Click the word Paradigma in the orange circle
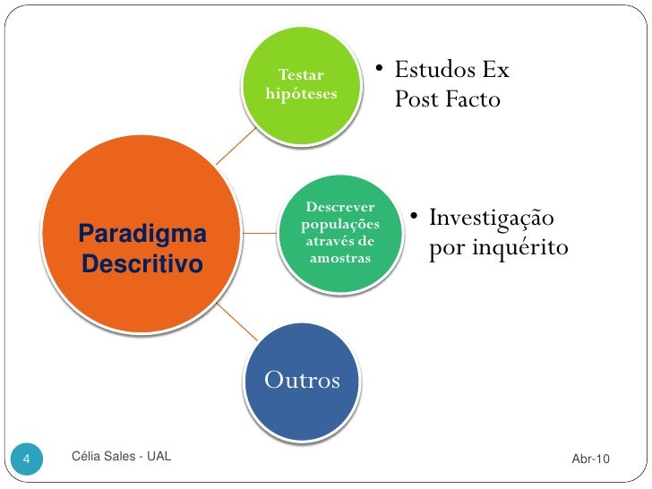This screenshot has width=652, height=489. tap(142, 235)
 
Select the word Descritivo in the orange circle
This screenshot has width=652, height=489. tap(142, 265)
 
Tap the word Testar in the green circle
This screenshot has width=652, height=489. tap(302, 74)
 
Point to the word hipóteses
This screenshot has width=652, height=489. tap(302, 93)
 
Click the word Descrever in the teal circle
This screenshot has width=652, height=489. tap(340, 208)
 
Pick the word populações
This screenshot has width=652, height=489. tap(340, 224)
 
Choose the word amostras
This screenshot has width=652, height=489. tap(340, 258)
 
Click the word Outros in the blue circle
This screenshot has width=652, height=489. tap(302, 381)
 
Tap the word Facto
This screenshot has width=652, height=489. tap(470, 99)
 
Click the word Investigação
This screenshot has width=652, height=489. tap(491, 219)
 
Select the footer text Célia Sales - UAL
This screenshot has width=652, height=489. tap(120, 459)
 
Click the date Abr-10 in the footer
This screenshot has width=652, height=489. tap(590, 459)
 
